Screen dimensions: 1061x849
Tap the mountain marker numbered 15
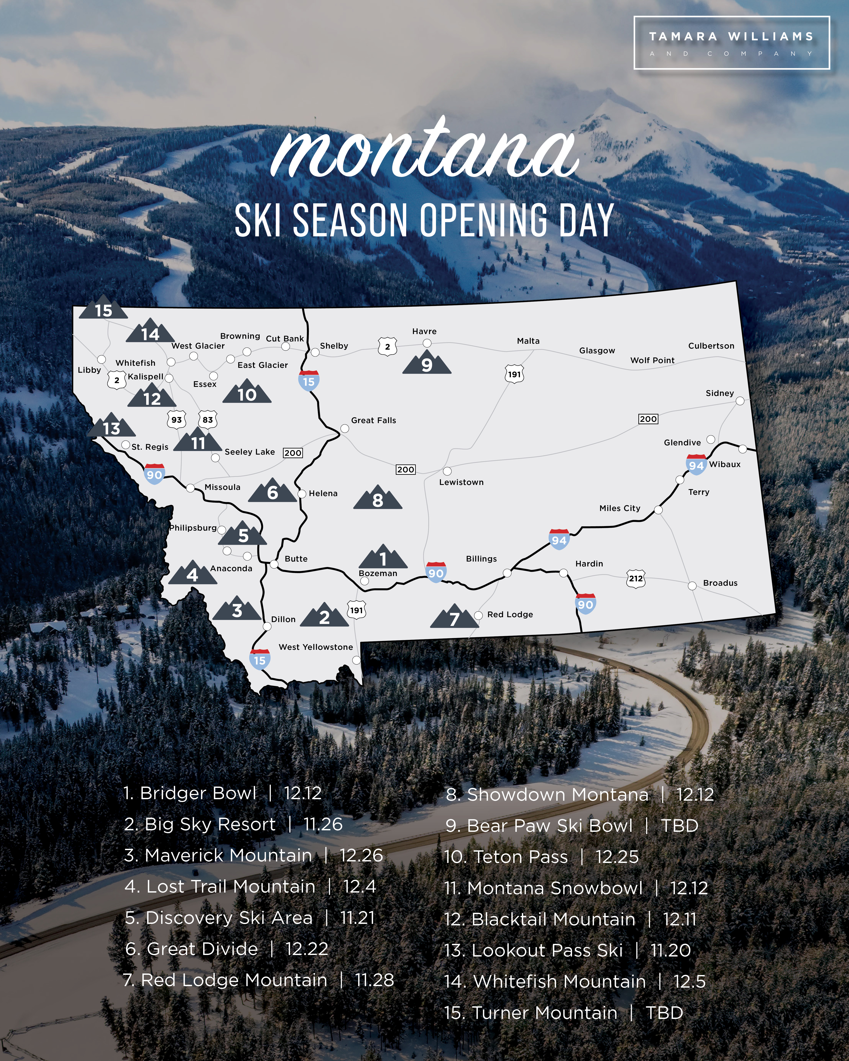point(103,309)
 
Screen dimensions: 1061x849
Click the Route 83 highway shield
point(208,420)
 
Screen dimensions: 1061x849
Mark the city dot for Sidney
point(740,401)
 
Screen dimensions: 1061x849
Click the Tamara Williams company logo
point(731,43)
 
